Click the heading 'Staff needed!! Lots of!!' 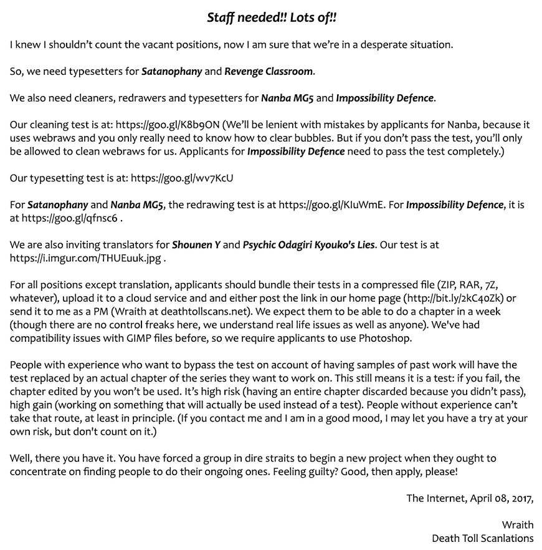(272, 17)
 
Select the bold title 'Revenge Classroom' (269, 71)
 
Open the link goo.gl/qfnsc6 (69, 218)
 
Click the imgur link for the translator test (87, 258)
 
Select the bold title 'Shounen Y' (196, 244)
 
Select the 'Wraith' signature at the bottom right (517, 524)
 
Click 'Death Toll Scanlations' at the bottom (482, 538)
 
